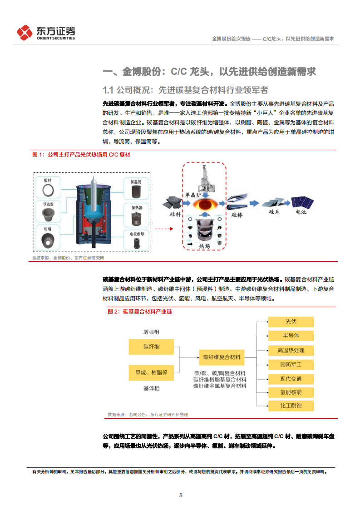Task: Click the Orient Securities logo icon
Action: click(x=25, y=33)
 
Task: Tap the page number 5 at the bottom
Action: click(x=181, y=495)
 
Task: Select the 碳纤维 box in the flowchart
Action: click(x=151, y=347)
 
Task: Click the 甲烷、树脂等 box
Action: click(x=151, y=372)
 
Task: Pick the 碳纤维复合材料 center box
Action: click(x=222, y=357)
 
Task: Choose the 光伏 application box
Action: click(x=291, y=322)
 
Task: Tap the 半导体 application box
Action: click(x=291, y=336)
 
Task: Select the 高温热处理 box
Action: click(x=291, y=350)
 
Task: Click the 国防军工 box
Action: click(x=291, y=364)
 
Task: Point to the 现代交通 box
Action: click(x=291, y=378)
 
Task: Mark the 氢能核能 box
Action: click(x=291, y=392)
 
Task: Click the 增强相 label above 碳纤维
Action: click(x=151, y=332)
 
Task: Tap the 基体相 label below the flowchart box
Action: click(x=151, y=388)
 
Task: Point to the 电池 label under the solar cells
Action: click(x=301, y=212)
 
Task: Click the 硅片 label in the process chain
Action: click(x=274, y=212)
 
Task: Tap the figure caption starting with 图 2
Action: click(x=140, y=312)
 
